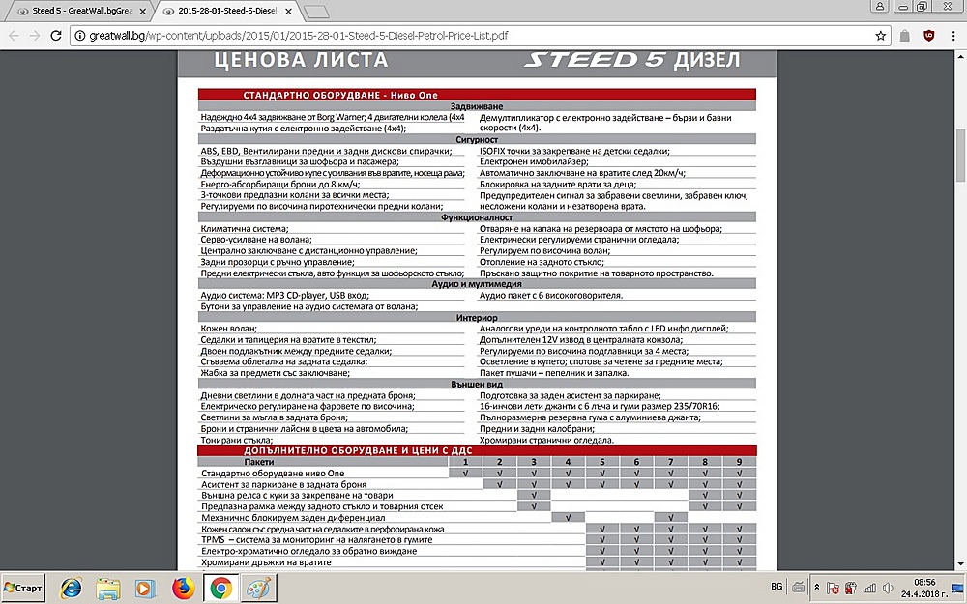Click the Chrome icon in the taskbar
(220, 588)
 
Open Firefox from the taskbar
(183, 588)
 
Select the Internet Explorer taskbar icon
(71, 588)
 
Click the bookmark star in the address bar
(881, 36)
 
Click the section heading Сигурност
(477, 139)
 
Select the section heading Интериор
(477, 317)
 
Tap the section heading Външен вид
(477, 384)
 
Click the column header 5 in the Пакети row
(601, 462)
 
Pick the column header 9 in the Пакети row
(740, 462)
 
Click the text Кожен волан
(224, 329)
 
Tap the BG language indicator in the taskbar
(777, 587)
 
